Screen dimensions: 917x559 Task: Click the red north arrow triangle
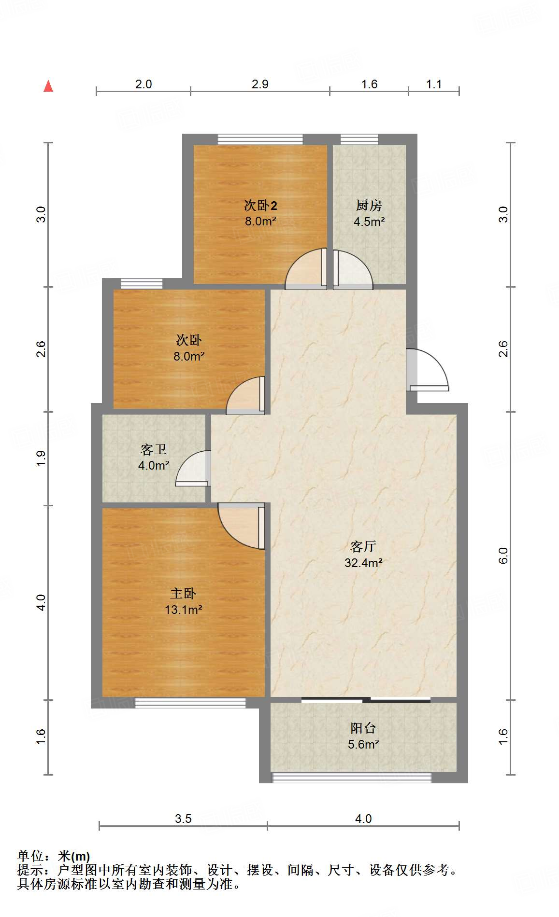pos(48,86)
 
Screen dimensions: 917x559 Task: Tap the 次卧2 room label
pos(260,206)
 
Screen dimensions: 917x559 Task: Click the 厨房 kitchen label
pos(369,206)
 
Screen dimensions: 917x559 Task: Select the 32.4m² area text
pos(363,563)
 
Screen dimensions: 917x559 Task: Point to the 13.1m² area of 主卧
pos(183,610)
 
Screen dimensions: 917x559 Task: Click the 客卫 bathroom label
pos(154,450)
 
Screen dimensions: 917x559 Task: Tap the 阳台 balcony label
pos(363,728)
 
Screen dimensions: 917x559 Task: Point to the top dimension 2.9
pos(260,84)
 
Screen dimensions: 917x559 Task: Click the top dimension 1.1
pos(433,84)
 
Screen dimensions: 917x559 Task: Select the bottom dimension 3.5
pos(183,819)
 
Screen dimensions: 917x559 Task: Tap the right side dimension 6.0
pos(503,556)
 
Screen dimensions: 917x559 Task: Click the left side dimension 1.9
pos(41,458)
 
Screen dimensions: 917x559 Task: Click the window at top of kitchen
pos(359,139)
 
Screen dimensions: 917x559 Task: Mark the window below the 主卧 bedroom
pos(190,703)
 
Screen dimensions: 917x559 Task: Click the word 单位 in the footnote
pos(30,856)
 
